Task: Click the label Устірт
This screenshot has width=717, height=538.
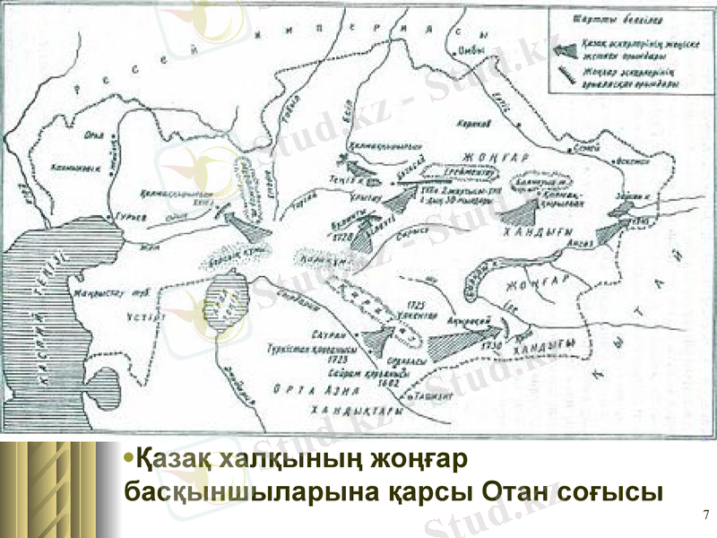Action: (x=140, y=315)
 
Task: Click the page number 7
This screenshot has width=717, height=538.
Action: (x=705, y=514)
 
